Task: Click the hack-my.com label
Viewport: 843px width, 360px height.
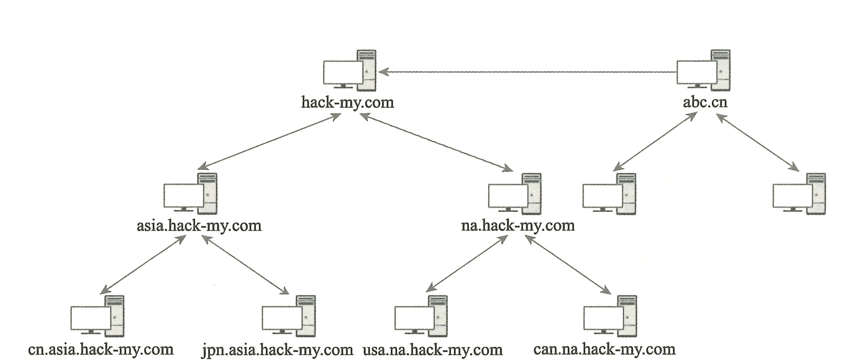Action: coord(347,102)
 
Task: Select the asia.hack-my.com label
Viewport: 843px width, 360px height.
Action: coord(199,225)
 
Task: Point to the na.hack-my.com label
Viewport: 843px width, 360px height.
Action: coord(518,225)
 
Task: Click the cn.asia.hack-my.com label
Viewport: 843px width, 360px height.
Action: coord(101,349)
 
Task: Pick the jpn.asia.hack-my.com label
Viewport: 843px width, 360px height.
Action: coord(277,349)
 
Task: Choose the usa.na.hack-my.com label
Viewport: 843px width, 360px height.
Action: coord(433,349)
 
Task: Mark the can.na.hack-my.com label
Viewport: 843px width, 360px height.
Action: coord(604,349)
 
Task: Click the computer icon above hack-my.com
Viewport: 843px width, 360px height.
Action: coord(349,71)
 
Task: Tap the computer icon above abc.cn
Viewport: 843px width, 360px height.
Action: coord(703,71)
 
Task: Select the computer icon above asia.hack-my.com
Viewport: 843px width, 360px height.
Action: coord(190,193)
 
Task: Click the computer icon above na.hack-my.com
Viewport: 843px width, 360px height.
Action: coord(515,193)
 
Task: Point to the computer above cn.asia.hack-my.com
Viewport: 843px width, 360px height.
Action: coord(98,316)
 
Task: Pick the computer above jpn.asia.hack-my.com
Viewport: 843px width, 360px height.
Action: coord(289,316)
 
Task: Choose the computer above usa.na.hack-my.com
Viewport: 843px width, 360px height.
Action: coord(421,316)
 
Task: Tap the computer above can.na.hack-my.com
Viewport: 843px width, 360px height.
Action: coord(609,316)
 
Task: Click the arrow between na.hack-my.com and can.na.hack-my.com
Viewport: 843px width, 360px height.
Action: coord(567,265)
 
